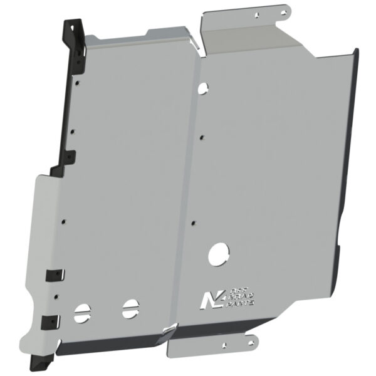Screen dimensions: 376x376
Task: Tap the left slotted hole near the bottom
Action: click(82, 311)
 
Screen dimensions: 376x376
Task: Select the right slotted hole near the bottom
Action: click(130, 307)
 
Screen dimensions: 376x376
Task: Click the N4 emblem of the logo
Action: click(207, 299)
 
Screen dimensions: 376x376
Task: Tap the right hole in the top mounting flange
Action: click(281, 11)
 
